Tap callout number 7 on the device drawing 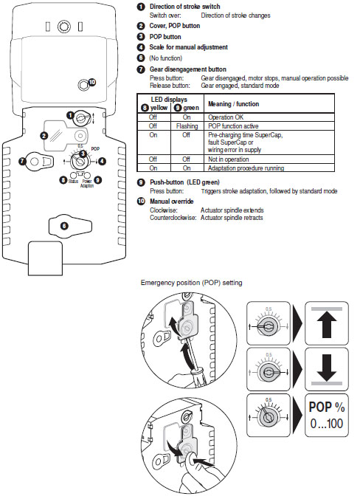click(22, 160)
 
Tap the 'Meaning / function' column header click(234, 103)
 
